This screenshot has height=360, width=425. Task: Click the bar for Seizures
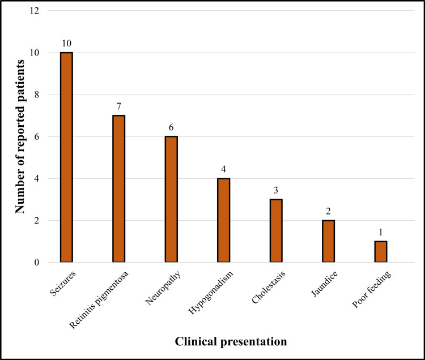(x=67, y=157)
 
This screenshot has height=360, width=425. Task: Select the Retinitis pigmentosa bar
(x=119, y=189)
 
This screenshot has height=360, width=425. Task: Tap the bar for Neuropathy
(x=172, y=199)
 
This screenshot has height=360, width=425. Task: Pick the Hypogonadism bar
(x=224, y=221)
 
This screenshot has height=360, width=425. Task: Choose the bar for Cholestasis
(x=276, y=231)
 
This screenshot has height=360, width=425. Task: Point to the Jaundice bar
(x=328, y=242)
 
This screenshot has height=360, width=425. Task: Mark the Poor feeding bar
(x=381, y=252)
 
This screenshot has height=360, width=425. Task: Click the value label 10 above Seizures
(x=67, y=44)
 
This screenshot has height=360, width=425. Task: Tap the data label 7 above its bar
(x=119, y=106)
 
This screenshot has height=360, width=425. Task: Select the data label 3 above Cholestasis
(x=276, y=190)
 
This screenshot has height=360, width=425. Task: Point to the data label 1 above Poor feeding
(x=381, y=232)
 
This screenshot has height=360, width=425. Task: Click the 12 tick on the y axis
(x=36, y=11)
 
